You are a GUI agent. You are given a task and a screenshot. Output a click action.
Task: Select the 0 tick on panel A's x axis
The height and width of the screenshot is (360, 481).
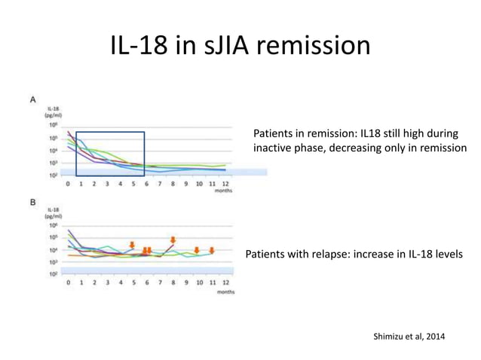click(x=69, y=183)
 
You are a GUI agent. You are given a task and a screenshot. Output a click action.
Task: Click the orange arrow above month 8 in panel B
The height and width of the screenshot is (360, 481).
click(x=173, y=240)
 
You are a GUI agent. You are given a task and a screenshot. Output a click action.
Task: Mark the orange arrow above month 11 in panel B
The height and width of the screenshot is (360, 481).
click(x=213, y=250)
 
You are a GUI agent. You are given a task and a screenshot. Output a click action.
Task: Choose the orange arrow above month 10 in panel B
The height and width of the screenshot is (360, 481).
click(x=197, y=250)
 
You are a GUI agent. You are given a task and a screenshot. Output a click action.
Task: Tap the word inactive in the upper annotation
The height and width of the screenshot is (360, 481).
click(x=274, y=148)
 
